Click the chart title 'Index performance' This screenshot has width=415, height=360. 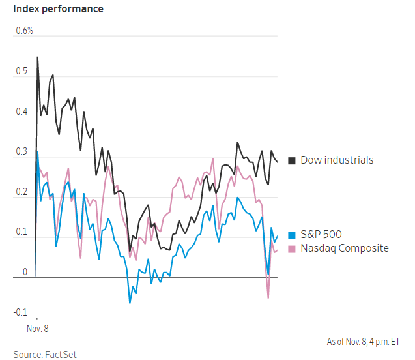[x=53, y=9]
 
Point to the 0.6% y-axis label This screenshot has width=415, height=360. [x=24, y=31]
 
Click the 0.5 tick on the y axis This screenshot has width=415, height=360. [x=23, y=71]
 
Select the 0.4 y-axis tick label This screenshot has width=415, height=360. [x=23, y=112]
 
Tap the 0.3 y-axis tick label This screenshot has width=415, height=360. [x=23, y=151]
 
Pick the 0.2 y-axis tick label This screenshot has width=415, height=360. [x=23, y=192]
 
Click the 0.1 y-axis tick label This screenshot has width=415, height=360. [x=23, y=232]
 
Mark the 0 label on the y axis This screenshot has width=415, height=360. [x=25, y=272]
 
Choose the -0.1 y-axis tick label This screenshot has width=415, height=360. [x=21, y=312]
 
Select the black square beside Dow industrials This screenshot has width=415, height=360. [x=292, y=160]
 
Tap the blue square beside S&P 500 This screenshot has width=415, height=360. [x=292, y=235]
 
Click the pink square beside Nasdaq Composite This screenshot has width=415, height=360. [x=292, y=248]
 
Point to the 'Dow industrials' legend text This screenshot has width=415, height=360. [x=337, y=160]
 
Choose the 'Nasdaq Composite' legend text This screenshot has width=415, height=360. [x=345, y=248]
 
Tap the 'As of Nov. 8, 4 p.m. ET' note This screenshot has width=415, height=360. [x=364, y=342]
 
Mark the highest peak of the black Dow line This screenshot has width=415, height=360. [x=37, y=57]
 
